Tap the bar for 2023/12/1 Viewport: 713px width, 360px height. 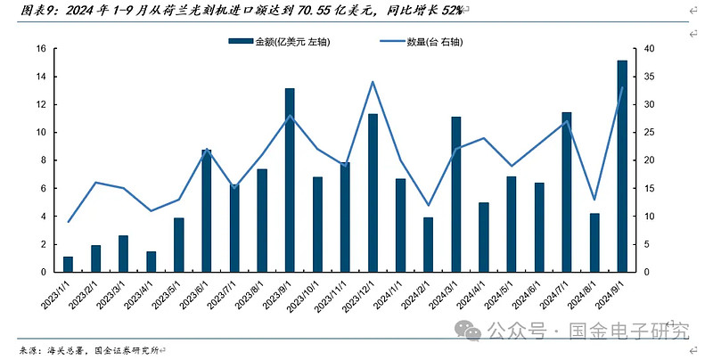tap(373, 192)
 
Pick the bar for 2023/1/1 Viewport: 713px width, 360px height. tap(68, 265)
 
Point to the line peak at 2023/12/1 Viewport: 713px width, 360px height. tap(373, 82)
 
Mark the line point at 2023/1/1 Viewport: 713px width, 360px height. tap(69, 222)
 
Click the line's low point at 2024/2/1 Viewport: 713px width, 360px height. tap(428, 205)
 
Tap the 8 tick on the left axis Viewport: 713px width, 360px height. tap(42, 160)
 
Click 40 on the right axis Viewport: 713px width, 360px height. tap(649, 49)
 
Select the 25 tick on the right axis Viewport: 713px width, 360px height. tap(649, 133)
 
